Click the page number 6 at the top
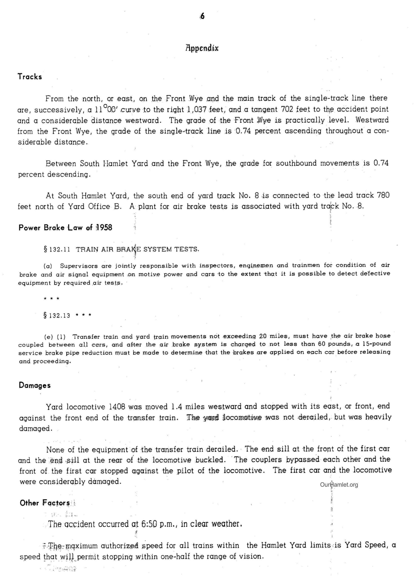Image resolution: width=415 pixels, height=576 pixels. (x=202, y=16)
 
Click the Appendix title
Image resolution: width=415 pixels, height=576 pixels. (x=202, y=48)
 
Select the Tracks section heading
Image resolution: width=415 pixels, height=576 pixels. (x=30, y=77)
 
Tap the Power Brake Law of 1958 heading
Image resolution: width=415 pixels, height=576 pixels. (x=65, y=227)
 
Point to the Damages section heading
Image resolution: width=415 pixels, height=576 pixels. (x=35, y=385)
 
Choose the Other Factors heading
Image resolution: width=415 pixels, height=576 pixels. (x=45, y=503)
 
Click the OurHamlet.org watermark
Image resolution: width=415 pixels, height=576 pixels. (x=339, y=485)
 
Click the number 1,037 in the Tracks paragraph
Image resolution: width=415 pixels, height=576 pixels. (x=198, y=110)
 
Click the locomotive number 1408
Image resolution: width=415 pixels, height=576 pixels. (x=117, y=407)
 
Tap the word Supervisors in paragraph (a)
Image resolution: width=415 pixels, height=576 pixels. (x=79, y=266)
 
